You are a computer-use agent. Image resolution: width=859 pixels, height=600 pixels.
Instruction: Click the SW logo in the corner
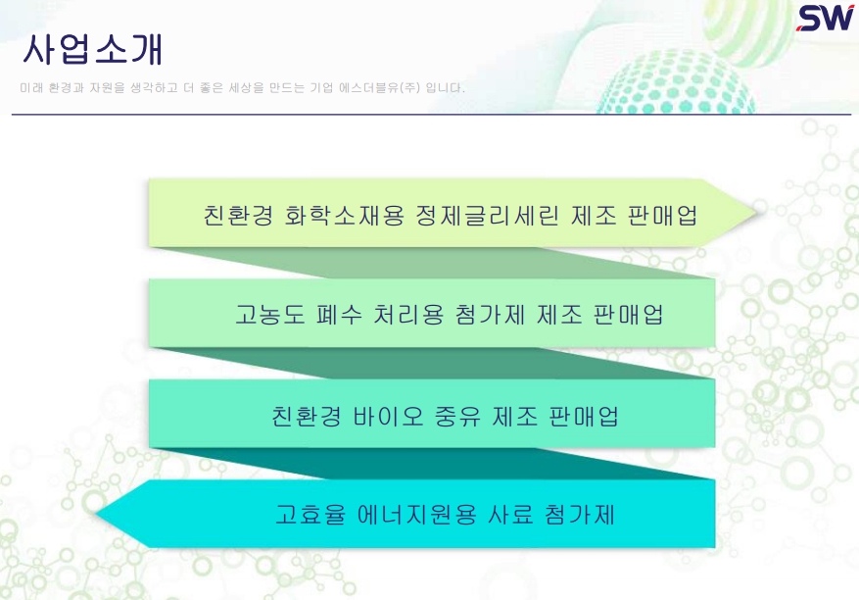click(x=825, y=18)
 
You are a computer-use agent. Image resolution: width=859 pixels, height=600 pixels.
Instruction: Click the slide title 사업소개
click(x=93, y=50)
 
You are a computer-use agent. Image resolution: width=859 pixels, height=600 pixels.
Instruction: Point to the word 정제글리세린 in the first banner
click(x=487, y=215)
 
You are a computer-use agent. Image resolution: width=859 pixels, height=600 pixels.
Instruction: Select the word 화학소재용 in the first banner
click(x=344, y=215)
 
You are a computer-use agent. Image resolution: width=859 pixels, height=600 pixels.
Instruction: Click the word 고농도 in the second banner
click(x=269, y=315)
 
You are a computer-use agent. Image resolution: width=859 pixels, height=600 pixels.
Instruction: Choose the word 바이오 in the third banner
click(x=388, y=416)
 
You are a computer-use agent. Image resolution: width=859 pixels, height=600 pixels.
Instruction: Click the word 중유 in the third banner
click(x=457, y=416)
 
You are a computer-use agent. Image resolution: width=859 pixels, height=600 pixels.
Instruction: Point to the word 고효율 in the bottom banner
click(x=310, y=515)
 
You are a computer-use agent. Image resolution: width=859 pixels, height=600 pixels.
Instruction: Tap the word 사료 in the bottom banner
click(x=510, y=515)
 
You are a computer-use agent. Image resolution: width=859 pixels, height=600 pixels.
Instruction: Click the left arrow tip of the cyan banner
click(x=96, y=514)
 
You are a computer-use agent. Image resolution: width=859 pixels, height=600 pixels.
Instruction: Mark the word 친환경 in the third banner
click(x=307, y=416)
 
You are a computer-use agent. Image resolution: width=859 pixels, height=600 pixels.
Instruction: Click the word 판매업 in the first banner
click(x=662, y=215)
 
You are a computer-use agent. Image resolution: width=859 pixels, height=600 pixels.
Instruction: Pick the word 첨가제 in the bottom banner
click(x=580, y=515)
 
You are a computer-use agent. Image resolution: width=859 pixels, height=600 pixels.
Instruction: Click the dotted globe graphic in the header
click(x=677, y=82)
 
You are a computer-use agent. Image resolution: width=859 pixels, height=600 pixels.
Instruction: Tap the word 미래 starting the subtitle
click(x=31, y=88)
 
